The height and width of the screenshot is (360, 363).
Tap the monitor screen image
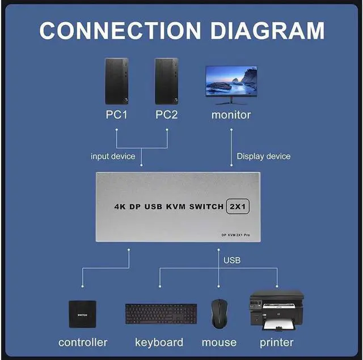point(231,82)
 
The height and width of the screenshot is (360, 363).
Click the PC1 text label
point(117,115)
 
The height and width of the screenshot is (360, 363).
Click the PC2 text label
point(167,115)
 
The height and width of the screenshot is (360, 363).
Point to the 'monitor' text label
point(231,115)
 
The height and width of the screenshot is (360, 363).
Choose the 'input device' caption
point(113,156)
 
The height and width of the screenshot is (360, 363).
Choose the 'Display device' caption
point(263,156)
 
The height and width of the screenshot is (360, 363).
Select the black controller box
point(82,314)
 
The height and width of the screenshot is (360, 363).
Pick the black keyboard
point(161,314)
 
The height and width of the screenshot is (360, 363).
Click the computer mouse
point(220,314)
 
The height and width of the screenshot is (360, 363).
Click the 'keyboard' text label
point(159,342)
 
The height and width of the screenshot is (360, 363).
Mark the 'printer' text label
point(276,342)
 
